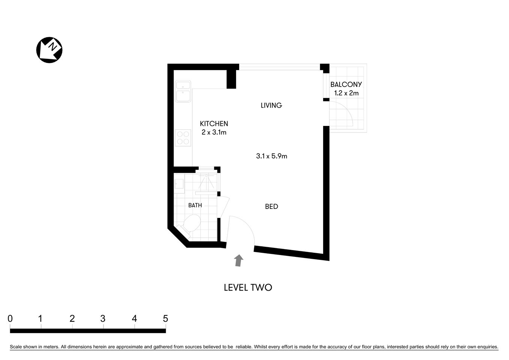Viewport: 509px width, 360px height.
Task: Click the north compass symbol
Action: pos(49,50)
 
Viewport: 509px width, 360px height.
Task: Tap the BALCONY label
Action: pos(346,85)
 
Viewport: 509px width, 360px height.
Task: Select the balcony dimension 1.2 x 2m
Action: pos(346,93)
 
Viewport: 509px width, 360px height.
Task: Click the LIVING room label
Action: pos(271,105)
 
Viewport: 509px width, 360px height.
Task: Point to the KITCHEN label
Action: pos(214,124)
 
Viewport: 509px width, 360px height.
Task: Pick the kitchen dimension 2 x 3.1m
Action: pos(214,132)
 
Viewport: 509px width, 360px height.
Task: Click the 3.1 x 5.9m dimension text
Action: pos(271,156)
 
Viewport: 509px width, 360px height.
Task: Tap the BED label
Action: pos(271,207)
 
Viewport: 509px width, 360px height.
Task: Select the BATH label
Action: pos(195,205)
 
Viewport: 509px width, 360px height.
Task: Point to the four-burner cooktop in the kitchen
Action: pos(183,138)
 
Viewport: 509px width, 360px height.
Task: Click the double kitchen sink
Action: pos(183,91)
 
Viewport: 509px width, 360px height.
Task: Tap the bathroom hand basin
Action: pos(179,184)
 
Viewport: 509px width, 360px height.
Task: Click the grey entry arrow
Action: pos(238,260)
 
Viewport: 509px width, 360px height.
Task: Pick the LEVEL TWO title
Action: pos(248,288)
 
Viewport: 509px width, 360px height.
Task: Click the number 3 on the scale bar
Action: pos(103,319)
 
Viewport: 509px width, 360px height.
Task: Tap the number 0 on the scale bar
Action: pos(10,319)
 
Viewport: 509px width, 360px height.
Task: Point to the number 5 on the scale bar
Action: pos(165,319)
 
